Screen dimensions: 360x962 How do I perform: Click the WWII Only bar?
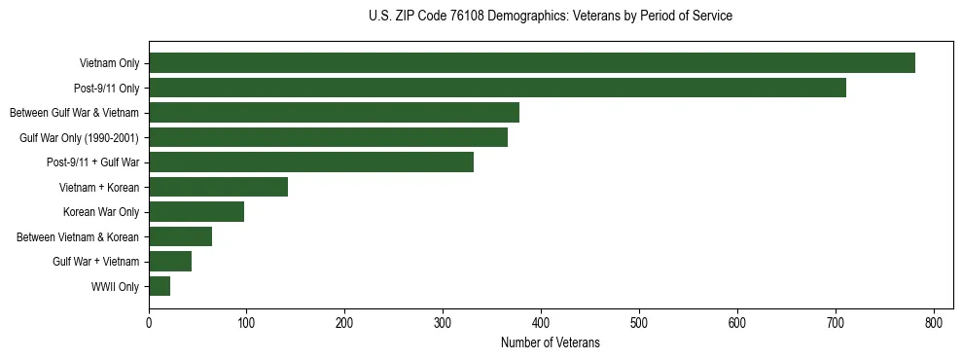[x=160, y=286]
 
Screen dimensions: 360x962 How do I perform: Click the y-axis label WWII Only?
[x=115, y=287]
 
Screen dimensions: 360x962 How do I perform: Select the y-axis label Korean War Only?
[x=101, y=212]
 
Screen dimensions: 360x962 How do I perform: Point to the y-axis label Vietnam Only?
[x=109, y=63]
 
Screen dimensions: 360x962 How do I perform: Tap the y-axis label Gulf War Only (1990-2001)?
[x=79, y=138]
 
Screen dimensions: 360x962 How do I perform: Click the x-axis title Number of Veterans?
[x=550, y=342]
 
